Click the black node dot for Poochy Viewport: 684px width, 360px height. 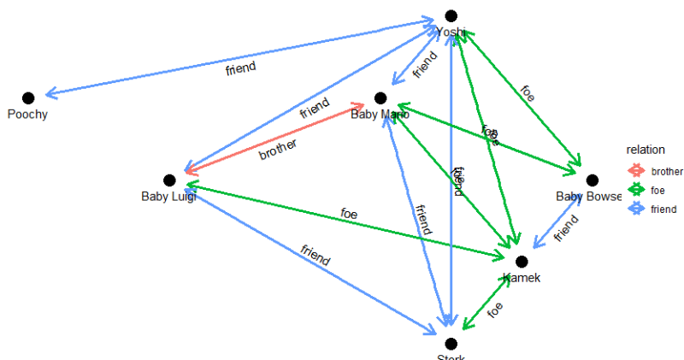28,98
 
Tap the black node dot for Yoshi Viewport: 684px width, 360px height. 451,15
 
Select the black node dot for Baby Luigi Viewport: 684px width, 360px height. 169,180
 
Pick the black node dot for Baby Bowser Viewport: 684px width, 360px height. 592,180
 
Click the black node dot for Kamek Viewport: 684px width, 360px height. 522,262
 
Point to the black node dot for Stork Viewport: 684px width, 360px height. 451,344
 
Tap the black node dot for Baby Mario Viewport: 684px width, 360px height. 380,98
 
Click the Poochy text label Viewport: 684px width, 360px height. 28,115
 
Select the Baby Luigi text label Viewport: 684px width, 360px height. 169,197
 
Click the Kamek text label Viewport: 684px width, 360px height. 522,278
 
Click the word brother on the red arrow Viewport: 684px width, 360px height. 278,150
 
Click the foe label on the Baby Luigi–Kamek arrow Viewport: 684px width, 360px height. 349,213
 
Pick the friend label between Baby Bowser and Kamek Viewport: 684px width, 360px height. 566,230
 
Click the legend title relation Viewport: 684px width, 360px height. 645,150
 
